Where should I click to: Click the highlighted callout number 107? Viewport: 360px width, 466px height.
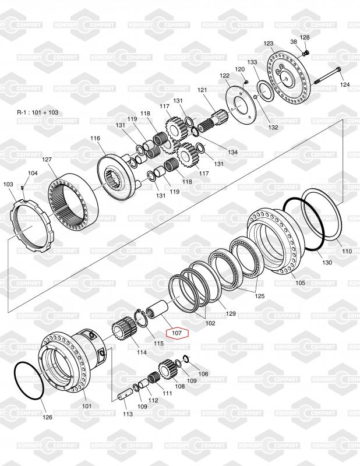(177, 334)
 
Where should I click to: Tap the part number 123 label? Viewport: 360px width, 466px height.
(268, 44)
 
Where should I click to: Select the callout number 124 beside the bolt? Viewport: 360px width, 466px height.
(345, 85)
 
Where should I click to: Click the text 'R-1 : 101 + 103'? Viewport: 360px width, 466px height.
(38, 112)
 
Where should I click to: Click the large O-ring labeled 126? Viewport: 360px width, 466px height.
(29, 381)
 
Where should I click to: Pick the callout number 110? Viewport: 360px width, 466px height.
(347, 252)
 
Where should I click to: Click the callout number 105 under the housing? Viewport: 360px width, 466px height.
(299, 283)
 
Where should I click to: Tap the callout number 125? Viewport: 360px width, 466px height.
(259, 296)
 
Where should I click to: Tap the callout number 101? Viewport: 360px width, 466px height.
(87, 406)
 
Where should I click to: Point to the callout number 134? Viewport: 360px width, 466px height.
(233, 153)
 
